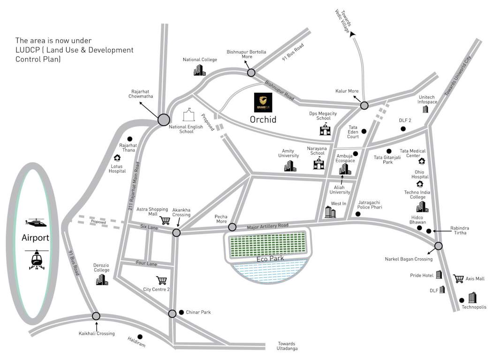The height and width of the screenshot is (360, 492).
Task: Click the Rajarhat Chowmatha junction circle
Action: pos(164,120)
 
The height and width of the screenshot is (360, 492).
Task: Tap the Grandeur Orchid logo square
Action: pos(263,102)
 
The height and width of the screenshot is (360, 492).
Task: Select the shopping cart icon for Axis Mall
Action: pos(458,278)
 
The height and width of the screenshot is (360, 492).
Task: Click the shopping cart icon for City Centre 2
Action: pos(162,280)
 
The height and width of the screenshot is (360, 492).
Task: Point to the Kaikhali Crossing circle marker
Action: pos(96,316)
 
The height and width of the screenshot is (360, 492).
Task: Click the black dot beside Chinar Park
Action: pos(182,312)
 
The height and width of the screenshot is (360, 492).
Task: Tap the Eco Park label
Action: pos(268,258)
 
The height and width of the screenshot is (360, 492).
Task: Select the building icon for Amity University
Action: pos(290,165)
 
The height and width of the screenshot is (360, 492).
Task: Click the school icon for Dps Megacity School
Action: pos(325,129)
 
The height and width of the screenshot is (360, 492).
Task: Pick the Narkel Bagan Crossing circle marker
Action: pos(439,246)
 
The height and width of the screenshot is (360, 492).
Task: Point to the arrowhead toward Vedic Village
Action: pos(353,33)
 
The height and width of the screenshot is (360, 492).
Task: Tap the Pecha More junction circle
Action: pos(232,227)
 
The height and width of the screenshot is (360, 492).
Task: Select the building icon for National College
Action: pos(199,70)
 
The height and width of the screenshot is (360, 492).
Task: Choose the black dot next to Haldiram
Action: pos(139,336)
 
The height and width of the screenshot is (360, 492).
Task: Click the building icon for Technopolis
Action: pos(472,297)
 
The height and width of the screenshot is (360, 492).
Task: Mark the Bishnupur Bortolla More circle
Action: pos(251,73)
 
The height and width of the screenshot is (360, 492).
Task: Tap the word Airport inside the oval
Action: pos(35,238)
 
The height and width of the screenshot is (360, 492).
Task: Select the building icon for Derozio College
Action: pos(102,279)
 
